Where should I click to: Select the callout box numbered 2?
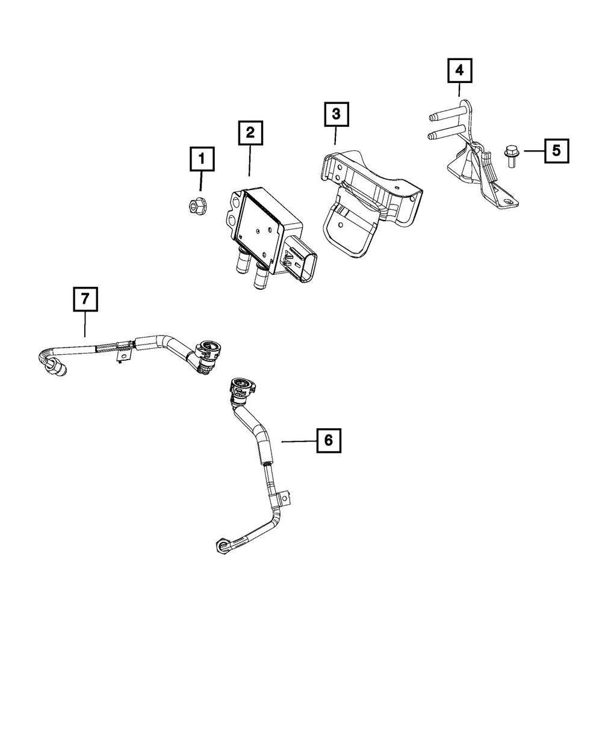(250, 133)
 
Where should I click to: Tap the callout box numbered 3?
(336, 114)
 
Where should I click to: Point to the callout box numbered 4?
(459, 71)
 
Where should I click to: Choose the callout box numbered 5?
(556, 150)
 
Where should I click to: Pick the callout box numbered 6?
(328, 440)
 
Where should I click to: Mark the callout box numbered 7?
(85, 299)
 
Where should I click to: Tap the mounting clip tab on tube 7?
(122, 357)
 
